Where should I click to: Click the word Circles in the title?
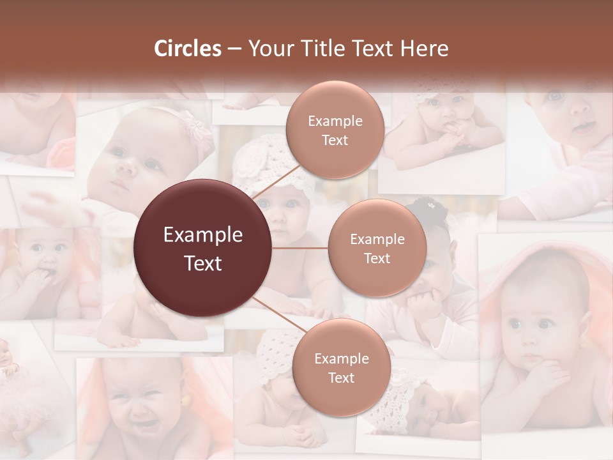[x=187, y=49]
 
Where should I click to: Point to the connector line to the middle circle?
[x=300, y=248]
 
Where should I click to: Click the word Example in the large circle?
[x=202, y=235]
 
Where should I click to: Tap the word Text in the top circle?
[x=335, y=140]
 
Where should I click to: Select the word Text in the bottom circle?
[x=341, y=378]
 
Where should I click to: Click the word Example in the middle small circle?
[x=377, y=240]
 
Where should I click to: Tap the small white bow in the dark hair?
[x=432, y=205]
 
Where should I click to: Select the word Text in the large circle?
[x=202, y=263]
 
